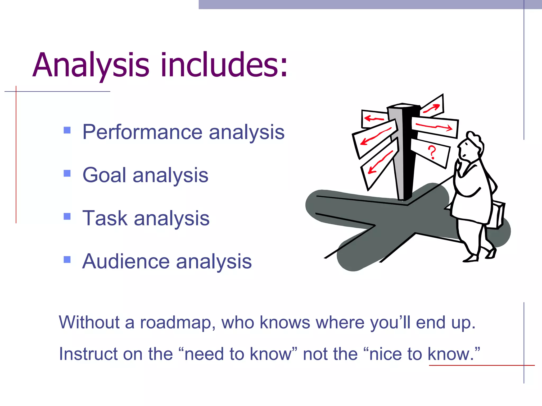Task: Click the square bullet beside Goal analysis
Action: point(67,173)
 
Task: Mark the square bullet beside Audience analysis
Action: point(67,260)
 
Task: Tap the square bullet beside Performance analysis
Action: point(67,130)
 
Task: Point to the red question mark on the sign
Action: point(432,152)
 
